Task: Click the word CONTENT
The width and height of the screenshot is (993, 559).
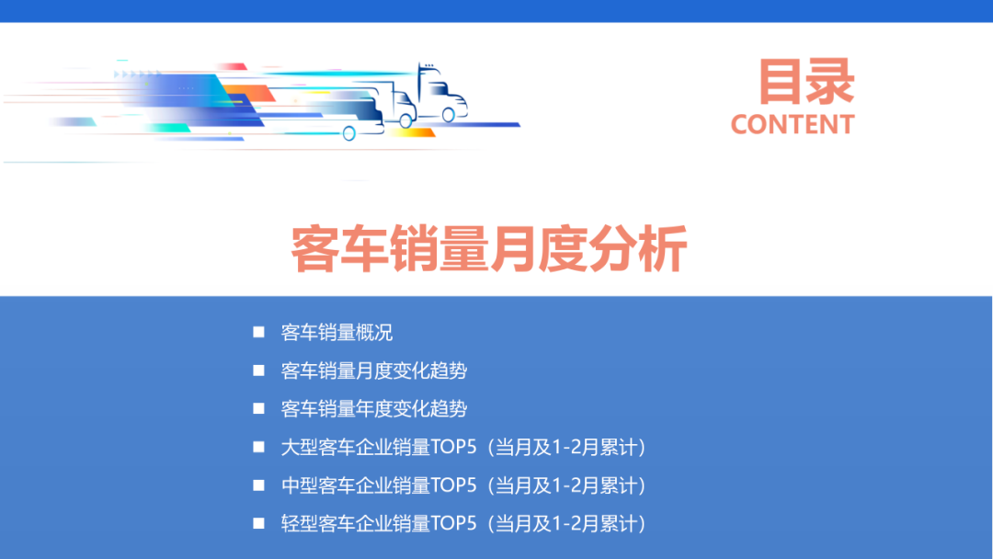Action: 793,124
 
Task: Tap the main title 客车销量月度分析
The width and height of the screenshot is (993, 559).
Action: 489,249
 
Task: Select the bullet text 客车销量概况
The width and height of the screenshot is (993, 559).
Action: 337,333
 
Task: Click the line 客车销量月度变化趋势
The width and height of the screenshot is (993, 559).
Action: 373,371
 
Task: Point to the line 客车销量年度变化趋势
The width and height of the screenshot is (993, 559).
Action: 373,409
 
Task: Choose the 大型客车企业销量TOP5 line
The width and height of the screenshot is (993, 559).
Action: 463,448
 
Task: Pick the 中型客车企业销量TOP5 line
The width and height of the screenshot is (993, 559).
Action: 463,485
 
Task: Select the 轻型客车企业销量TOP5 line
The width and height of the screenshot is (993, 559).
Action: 463,524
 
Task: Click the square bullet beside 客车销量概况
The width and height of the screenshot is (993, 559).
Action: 258,332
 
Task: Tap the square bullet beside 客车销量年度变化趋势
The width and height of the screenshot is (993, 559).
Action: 258,408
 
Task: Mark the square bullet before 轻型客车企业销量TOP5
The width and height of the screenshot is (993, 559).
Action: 258,523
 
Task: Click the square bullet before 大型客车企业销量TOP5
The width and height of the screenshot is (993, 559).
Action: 258,447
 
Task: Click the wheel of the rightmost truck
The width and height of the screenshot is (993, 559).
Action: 448,115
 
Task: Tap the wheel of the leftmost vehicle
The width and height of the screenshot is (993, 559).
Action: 349,133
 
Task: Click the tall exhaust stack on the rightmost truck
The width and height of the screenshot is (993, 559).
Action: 420,77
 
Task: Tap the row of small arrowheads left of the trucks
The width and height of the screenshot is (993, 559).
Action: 139,73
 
